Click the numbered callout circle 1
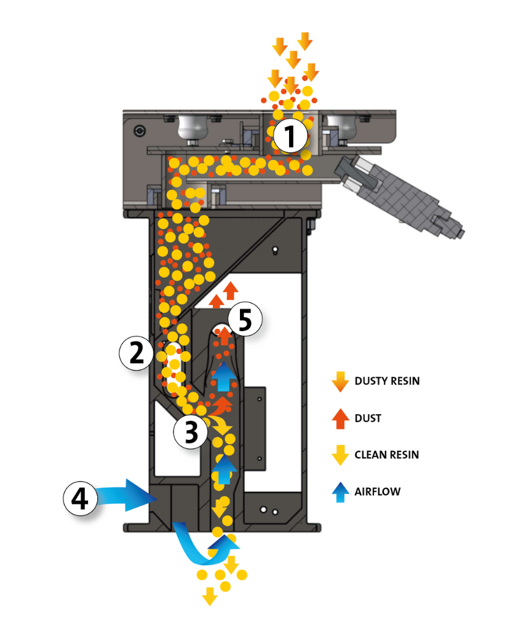tap(290, 137)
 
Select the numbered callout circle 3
tap(191, 432)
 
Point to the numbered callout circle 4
tap(81, 498)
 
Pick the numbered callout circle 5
tap(245, 320)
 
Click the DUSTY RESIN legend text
tap(387, 381)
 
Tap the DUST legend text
tap(368, 418)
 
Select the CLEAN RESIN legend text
tap(386, 455)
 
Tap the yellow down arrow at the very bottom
tap(210, 597)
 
